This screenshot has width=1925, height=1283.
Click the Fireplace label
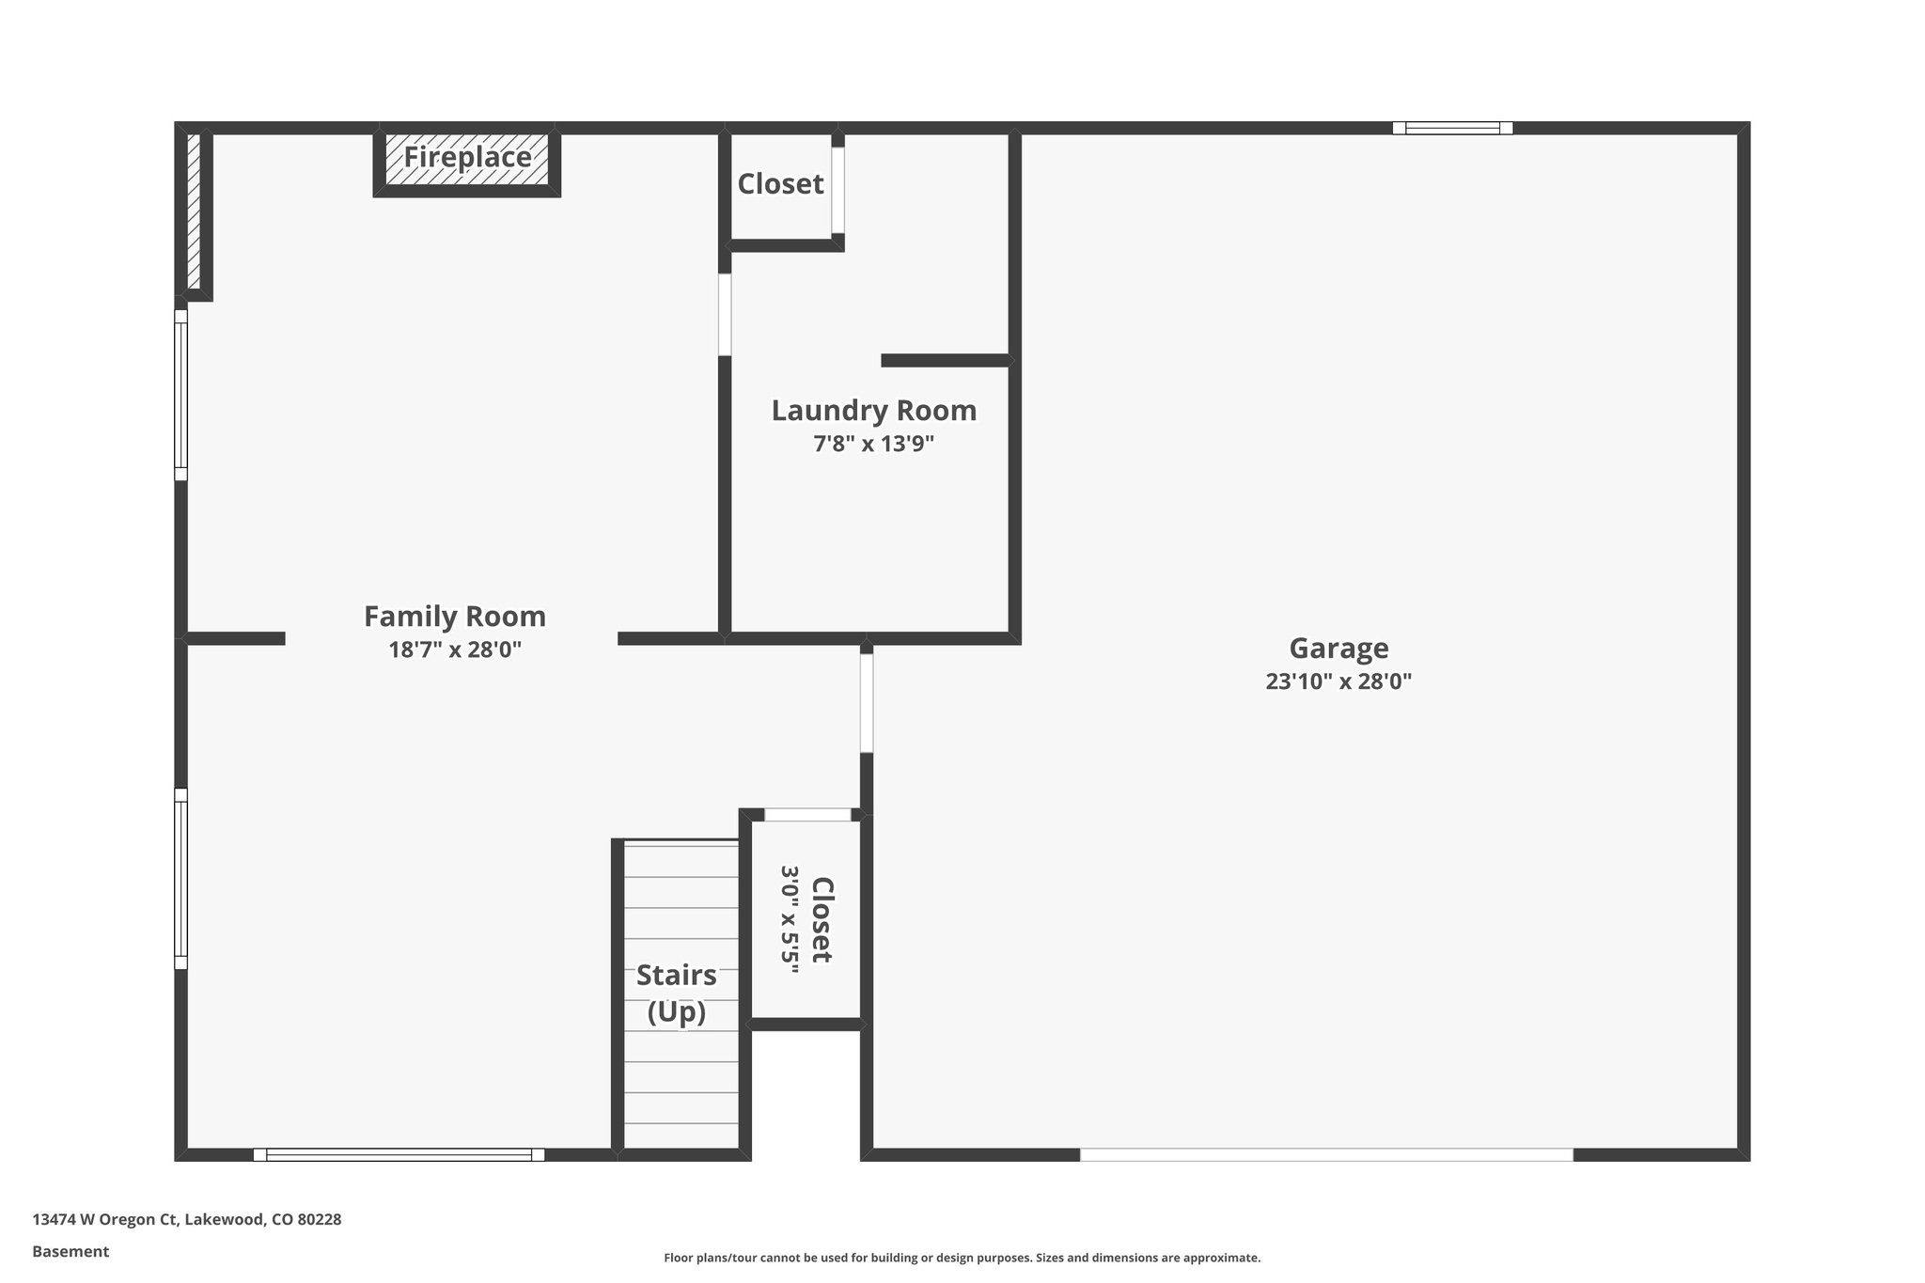(x=467, y=157)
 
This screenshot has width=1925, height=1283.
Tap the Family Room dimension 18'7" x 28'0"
(x=455, y=649)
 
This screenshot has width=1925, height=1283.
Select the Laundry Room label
(x=873, y=411)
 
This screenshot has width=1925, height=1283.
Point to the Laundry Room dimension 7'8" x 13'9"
(x=873, y=444)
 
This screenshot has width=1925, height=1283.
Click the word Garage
(x=1338, y=649)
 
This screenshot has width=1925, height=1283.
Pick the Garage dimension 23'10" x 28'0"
(x=1338, y=681)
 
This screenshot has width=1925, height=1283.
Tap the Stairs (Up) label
(x=676, y=993)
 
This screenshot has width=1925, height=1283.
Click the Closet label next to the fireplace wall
(x=780, y=184)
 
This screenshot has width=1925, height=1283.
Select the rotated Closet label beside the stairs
(x=822, y=919)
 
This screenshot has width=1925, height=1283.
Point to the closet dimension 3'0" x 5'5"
(x=789, y=919)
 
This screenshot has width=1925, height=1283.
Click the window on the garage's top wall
(x=1452, y=128)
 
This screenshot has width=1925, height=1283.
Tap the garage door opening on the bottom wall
(x=1325, y=1154)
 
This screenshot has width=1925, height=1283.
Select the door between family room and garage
(x=866, y=703)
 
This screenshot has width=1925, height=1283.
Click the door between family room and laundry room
(x=725, y=314)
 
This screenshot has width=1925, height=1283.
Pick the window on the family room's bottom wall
(x=399, y=1154)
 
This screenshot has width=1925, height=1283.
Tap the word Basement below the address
(x=70, y=1251)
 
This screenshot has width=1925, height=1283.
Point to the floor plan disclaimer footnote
(x=962, y=1258)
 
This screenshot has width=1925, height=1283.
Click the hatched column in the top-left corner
(x=194, y=211)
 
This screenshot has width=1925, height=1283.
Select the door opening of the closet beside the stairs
(x=807, y=815)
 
